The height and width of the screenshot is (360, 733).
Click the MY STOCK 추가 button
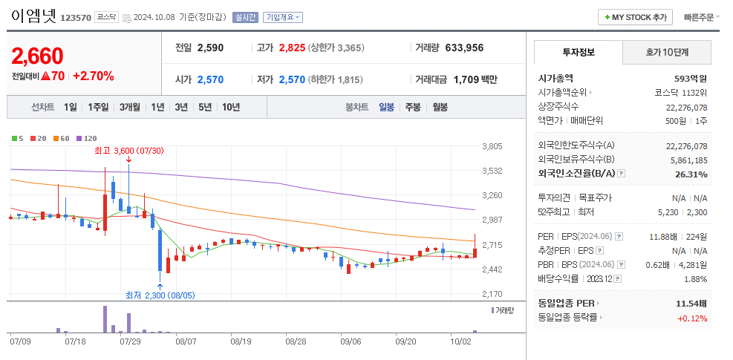(635, 17)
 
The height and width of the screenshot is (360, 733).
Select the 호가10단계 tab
(667, 53)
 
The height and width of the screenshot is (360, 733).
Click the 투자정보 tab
(579, 53)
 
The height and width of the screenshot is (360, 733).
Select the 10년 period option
(230, 107)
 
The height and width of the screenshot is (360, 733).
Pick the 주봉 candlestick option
(413, 107)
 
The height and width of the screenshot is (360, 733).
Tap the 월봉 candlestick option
(440, 107)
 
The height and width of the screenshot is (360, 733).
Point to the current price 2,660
(38, 56)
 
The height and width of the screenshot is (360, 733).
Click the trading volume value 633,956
(464, 48)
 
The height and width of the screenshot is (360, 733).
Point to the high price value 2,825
(292, 48)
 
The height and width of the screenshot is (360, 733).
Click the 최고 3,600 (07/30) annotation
(128, 151)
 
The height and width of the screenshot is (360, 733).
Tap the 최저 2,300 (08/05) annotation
(160, 295)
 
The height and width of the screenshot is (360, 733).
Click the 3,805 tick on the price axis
(492, 146)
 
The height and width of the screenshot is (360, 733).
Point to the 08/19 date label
(241, 341)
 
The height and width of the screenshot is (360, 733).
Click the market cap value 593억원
(690, 78)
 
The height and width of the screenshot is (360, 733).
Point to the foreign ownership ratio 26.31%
(691, 174)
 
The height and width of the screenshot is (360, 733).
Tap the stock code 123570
(75, 17)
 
